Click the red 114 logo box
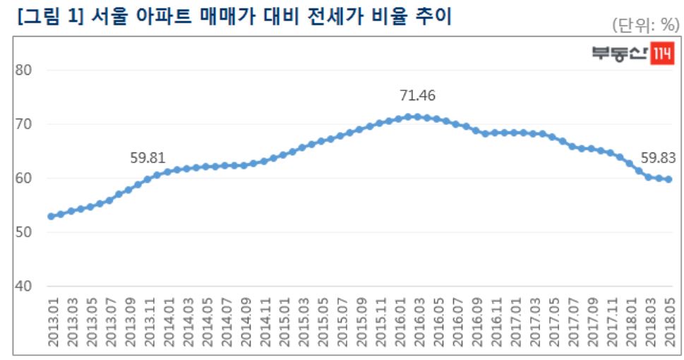[662, 54]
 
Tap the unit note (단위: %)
[644, 25]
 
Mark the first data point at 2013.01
[51, 216]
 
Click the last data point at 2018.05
[668, 179]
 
